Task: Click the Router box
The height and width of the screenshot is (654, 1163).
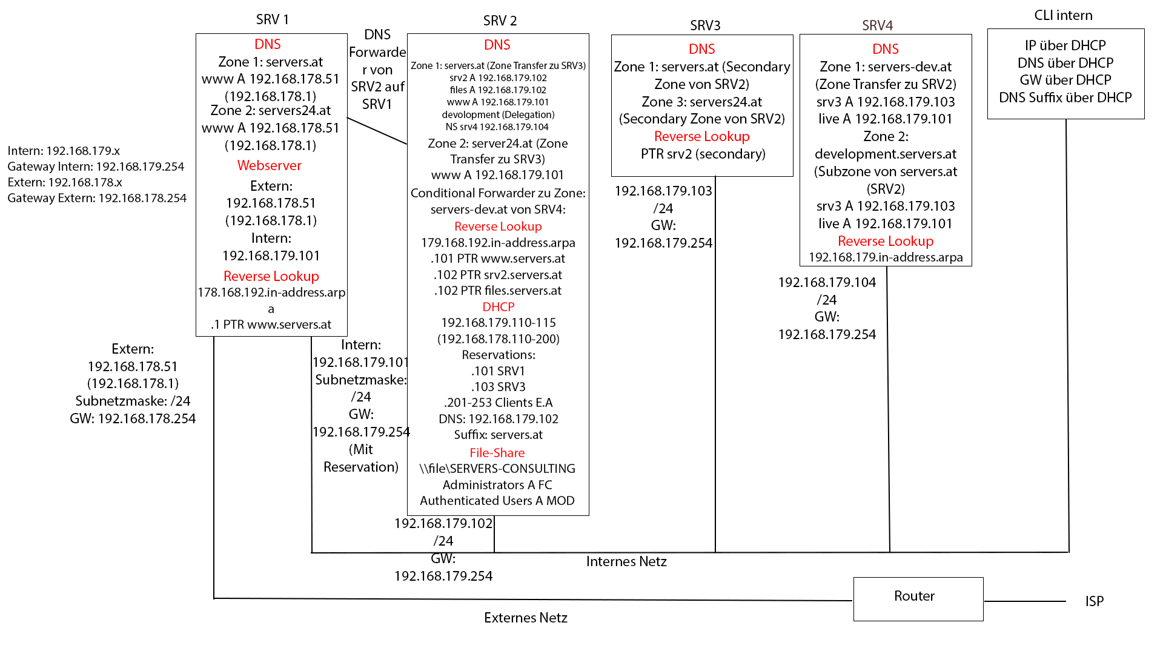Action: point(918,598)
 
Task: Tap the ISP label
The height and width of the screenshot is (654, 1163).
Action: point(1094,601)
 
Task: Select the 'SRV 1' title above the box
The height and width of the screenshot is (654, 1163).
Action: point(272,19)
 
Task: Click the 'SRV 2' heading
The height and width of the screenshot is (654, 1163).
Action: point(500,21)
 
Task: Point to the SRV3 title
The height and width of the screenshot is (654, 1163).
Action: point(705,25)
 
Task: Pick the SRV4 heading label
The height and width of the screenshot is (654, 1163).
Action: point(877,25)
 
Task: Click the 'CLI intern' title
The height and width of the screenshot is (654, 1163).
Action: point(1063,15)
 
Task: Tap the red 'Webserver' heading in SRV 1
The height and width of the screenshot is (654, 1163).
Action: point(269,165)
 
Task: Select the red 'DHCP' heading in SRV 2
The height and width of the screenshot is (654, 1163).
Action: point(498,307)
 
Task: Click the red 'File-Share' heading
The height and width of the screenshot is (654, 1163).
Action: point(497,453)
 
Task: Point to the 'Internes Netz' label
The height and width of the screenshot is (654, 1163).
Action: point(626,561)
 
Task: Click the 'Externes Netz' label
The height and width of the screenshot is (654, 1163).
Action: point(525,618)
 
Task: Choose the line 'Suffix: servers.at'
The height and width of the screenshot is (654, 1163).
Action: point(498,435)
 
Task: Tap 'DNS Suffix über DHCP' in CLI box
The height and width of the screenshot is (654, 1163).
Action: point(1065,97)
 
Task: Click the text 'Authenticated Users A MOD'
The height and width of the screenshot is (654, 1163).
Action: point(497,501)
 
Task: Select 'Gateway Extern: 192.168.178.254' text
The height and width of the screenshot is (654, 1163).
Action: point(97,198)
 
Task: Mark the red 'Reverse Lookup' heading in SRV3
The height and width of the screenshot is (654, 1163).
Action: point(701,136)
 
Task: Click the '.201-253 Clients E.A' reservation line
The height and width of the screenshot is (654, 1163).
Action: point(498,403)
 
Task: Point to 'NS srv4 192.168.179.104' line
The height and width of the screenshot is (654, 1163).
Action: point(497,127)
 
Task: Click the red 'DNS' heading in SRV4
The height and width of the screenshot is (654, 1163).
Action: point(885,49)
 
